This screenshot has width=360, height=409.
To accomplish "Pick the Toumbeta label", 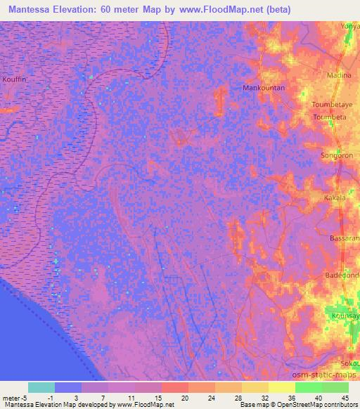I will tap(330, 117).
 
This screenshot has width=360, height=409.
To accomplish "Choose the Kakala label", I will tap(335, 199).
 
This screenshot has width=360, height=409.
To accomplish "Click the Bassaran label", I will tap(345, 239).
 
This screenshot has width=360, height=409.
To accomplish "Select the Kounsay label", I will tap(345, 317).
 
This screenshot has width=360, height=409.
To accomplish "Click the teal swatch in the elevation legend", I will tap(41, 387).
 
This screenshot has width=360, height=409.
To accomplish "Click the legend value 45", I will tap(345, 398).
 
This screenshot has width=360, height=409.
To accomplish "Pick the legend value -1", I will tap(46, 398).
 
